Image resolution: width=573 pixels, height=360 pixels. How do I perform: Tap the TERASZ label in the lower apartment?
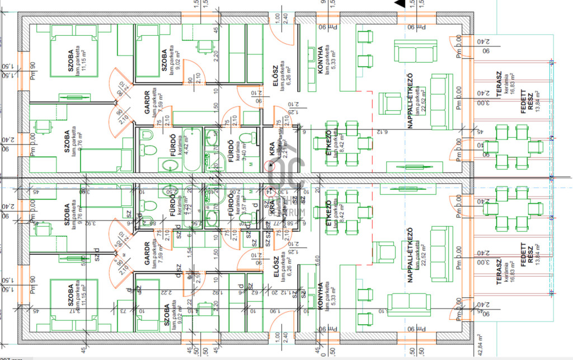tap(498, 272)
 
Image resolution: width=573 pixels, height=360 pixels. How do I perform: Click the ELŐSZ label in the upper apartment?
tap(275, 76)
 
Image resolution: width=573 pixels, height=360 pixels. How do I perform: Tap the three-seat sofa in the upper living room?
tap(438, 92)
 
